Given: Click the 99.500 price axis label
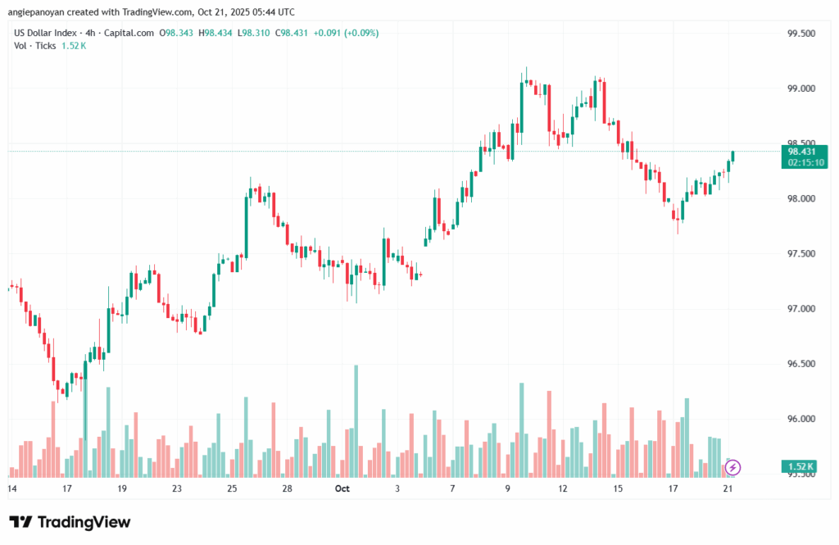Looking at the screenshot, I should (x=800, y=34).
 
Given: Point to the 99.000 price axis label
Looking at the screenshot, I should (x=800, y=89).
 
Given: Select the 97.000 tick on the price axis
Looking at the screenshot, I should (x=800, y=309).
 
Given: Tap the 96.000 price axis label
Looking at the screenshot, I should (x=800, y=419).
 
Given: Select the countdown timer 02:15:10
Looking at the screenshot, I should (x=805, y=162).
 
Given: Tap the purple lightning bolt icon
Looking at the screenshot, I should (x=732, y=467).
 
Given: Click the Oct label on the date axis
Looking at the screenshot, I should (x=342, y=488).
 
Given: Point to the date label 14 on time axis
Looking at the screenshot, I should (x=12, y=488).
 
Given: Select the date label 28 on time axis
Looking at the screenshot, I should (x=288, y=488).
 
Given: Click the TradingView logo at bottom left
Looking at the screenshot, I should (x=70, y=522).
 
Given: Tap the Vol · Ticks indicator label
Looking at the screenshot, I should (x=34, y=45).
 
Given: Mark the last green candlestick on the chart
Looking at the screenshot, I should (x=733, y=156).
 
